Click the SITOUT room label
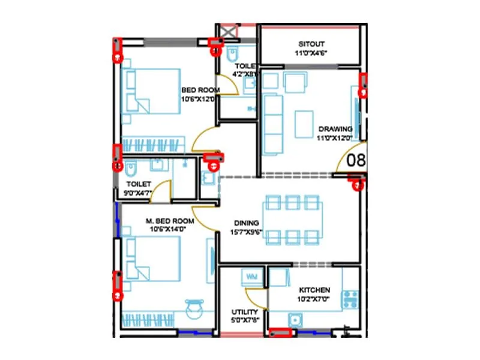[311, 44]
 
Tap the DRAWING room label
[335, 129]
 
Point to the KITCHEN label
[314, 289]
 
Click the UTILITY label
[245, 312]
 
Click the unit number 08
[356, 161]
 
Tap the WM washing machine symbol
[250, 277]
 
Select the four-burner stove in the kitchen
[350, 298]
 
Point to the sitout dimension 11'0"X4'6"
[311, 53]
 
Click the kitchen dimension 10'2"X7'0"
[314, 298]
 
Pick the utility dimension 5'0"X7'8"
[245, 320]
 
